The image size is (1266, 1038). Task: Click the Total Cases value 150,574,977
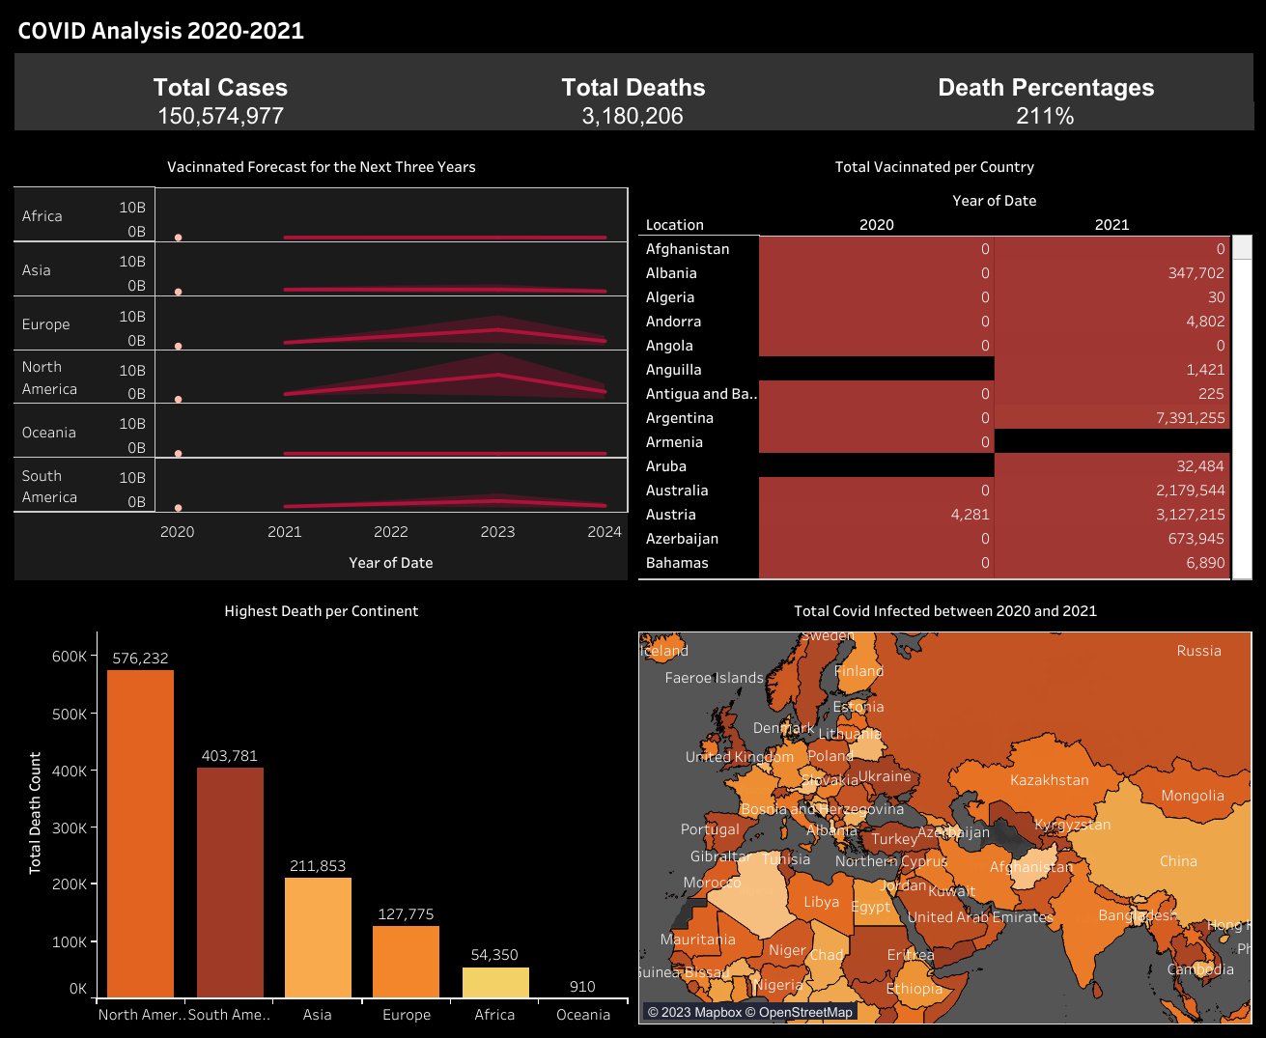coord(220,117)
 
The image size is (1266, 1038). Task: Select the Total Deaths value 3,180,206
coord(633,117)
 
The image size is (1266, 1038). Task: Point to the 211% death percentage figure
coord(1045,117)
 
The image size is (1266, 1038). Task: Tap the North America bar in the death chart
coord(140,832)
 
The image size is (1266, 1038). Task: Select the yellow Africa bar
coord(494,982)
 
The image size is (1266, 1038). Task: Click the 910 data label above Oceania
coord(582,986)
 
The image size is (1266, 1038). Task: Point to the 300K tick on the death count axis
coord(70,828)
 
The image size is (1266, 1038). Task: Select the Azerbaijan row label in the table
coord(682,539)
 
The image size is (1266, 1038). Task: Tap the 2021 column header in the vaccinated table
coord(1111,225)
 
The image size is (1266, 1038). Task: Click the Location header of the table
coord(674,225)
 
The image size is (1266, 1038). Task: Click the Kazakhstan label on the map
coord(1049,780)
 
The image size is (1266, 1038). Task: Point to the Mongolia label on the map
coord(1192,796)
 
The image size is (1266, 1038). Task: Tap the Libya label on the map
coord(821,902)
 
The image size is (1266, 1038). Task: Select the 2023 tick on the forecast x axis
coord(497,532)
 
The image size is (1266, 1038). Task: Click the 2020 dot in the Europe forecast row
coord(178,346)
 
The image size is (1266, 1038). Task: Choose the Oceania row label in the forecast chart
coord(49,433)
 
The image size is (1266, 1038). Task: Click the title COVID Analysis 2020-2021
coord(161,31)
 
